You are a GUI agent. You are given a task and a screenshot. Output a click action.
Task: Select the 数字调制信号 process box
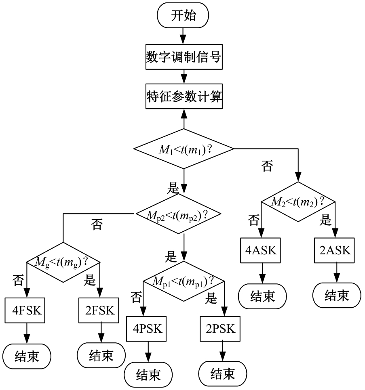[x=184, y=57]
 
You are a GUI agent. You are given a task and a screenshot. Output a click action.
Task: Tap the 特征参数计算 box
[x=184, y=97]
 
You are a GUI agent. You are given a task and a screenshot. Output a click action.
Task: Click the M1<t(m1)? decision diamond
[x=184, y=149]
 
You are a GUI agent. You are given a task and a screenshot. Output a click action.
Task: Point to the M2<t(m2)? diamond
[x=298, y=201]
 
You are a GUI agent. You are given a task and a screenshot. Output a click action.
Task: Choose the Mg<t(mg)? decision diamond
[x=63, y=262]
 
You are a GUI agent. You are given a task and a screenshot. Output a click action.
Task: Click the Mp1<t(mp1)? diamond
[x=184, y=281]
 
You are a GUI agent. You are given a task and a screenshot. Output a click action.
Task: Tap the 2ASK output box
[x=335, y=250]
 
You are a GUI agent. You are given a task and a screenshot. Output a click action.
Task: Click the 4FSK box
[x=27, y=310]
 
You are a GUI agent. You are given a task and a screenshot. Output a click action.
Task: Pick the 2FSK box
[x=99, y=310]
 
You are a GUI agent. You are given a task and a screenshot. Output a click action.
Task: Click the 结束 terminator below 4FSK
[x=27, y=356]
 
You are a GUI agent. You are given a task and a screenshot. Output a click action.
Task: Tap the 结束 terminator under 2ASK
[x=336, y=296]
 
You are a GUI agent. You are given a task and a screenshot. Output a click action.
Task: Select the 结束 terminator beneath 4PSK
[x=148, y=375]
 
